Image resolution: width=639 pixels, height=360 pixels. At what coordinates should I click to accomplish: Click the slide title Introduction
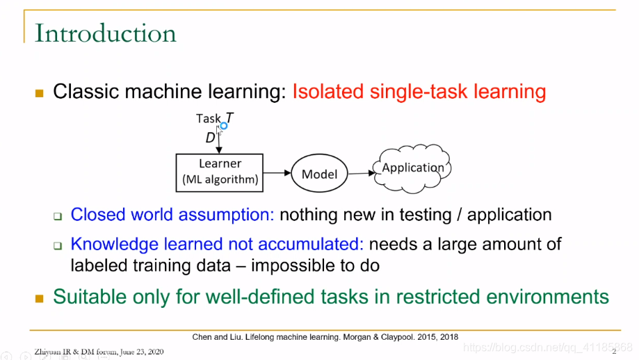point(106,33)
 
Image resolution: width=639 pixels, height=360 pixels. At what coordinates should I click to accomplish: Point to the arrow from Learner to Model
point(277,172)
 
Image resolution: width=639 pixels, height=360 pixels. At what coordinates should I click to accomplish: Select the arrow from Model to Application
point(361,174)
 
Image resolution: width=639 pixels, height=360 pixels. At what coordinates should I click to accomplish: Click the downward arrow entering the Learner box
point(219,140)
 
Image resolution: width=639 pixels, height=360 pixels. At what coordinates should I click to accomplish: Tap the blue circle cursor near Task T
point(224,126)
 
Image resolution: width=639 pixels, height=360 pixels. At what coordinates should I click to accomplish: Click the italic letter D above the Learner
point(210,138)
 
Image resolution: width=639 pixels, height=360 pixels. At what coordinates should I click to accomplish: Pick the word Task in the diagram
point(208,119)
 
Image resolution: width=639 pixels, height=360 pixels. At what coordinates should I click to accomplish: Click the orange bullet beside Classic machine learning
point(40,93)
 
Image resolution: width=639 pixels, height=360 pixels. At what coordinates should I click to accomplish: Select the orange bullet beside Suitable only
point(40,299)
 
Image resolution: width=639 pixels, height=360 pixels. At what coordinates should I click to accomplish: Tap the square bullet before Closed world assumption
point(58,216)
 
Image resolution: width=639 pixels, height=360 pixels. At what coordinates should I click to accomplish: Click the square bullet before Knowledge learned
point(58,245)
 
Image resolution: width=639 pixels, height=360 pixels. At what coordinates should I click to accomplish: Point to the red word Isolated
point(328,91)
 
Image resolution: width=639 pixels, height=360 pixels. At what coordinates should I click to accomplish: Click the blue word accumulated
point(311,244)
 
